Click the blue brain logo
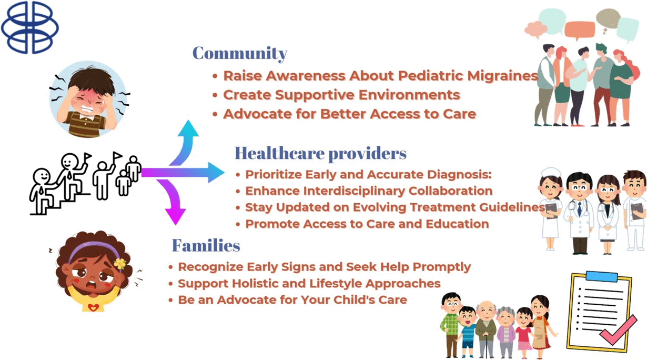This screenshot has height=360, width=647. (30, 27)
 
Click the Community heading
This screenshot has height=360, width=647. (240, 54)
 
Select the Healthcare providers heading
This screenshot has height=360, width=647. (320, 153)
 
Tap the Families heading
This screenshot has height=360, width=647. (206, 246)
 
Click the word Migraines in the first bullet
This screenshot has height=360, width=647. (502, 76)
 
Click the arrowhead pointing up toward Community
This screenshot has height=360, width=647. (188, 128)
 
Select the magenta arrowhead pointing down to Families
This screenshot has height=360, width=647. (175, 216)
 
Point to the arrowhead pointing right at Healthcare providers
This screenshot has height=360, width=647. (216, 173)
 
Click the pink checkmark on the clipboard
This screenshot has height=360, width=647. (619, 331)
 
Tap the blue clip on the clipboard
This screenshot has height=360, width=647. (602, 276)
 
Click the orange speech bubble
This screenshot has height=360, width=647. (579, 31)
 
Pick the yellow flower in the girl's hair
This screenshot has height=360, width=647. (120, 264)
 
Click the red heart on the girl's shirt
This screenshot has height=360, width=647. (93, 307)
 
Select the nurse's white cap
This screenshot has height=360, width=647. (551, 172)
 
